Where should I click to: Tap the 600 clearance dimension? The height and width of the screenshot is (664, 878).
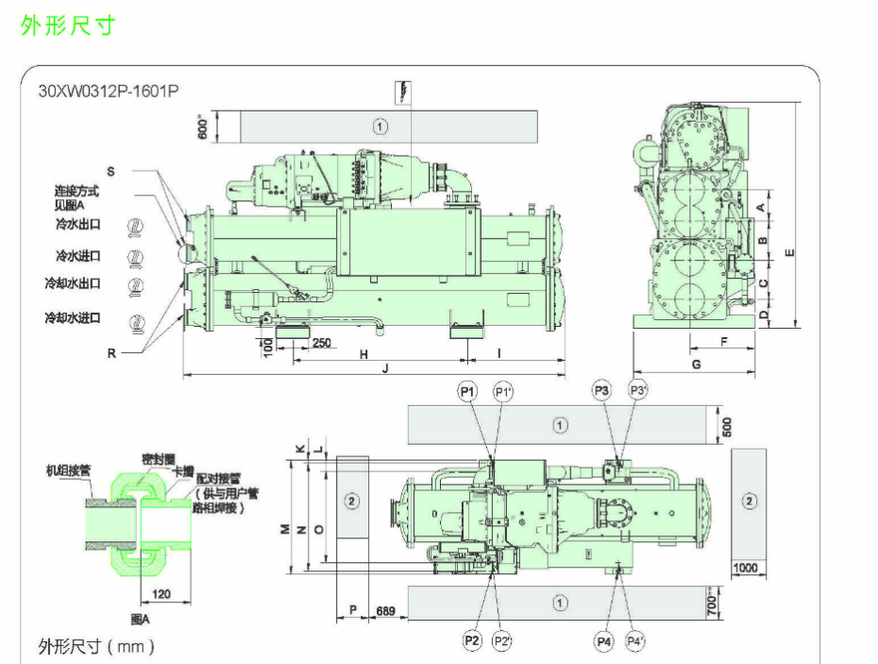click(201, 126)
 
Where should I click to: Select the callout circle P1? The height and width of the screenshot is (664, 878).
click(469, 390)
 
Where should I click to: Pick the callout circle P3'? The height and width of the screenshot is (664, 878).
click(639, 390)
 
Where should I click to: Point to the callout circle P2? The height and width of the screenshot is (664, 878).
click(472, 641)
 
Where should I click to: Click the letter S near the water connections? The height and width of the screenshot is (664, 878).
click(110, 172)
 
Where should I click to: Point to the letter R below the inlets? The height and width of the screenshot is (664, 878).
click(110, 353)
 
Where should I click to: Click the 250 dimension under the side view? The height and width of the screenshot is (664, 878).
click(321, 342)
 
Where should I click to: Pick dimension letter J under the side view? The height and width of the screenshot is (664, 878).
click(384, 370)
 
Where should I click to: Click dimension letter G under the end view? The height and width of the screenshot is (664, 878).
click(696, 364)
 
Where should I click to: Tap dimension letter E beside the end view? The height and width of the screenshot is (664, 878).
click(789, 251)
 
